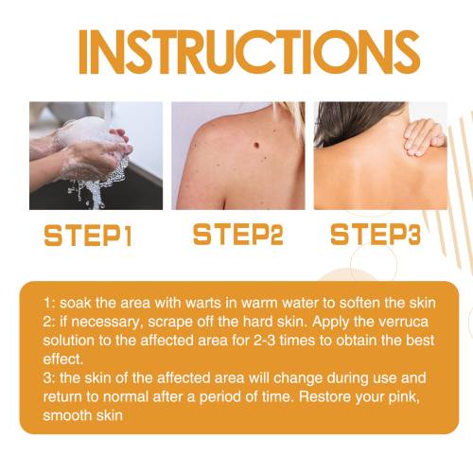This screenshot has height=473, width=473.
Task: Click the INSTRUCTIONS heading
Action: click(249, 52)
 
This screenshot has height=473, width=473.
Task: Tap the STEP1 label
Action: click(88, 236)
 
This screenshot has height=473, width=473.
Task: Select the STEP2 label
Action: click(238, 235)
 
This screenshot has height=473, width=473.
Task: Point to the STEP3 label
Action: click(376, 235)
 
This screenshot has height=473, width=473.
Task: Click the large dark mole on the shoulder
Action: click(256, 146)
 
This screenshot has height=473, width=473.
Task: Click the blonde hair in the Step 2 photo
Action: click(291, 116)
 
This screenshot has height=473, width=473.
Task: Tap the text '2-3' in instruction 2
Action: click(265, 341)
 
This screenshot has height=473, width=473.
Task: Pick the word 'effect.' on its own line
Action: click(63, 359)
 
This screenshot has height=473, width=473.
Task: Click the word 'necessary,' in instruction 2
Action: click(105, 323)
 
